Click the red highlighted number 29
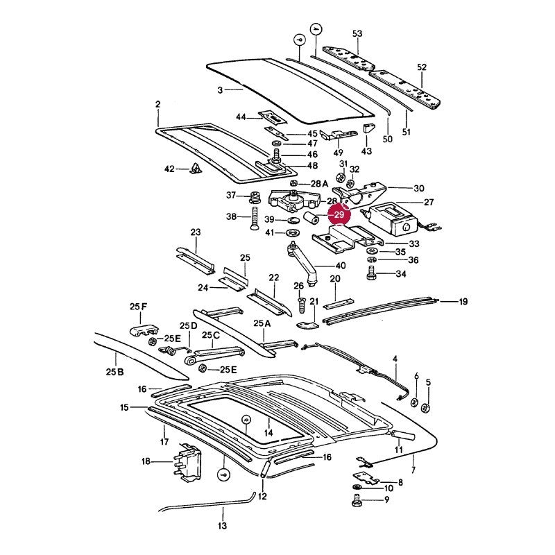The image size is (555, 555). pyautogui.click(x=339, y=214)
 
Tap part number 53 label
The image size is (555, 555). pyautogui.click(x=357, y=33)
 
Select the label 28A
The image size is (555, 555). pyautogui.click(x=320, y=184)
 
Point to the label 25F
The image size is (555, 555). pyautogui.click(x=138, y=307)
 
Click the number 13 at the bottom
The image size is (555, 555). pyautogui.click(x=222, y=526)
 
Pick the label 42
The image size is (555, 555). pyautogui.click(x=169, y=169)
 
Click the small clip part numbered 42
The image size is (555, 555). pyautogui.click(x=195, y=169)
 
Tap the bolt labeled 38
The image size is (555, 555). pyautogui.click(x=254, y=219)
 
